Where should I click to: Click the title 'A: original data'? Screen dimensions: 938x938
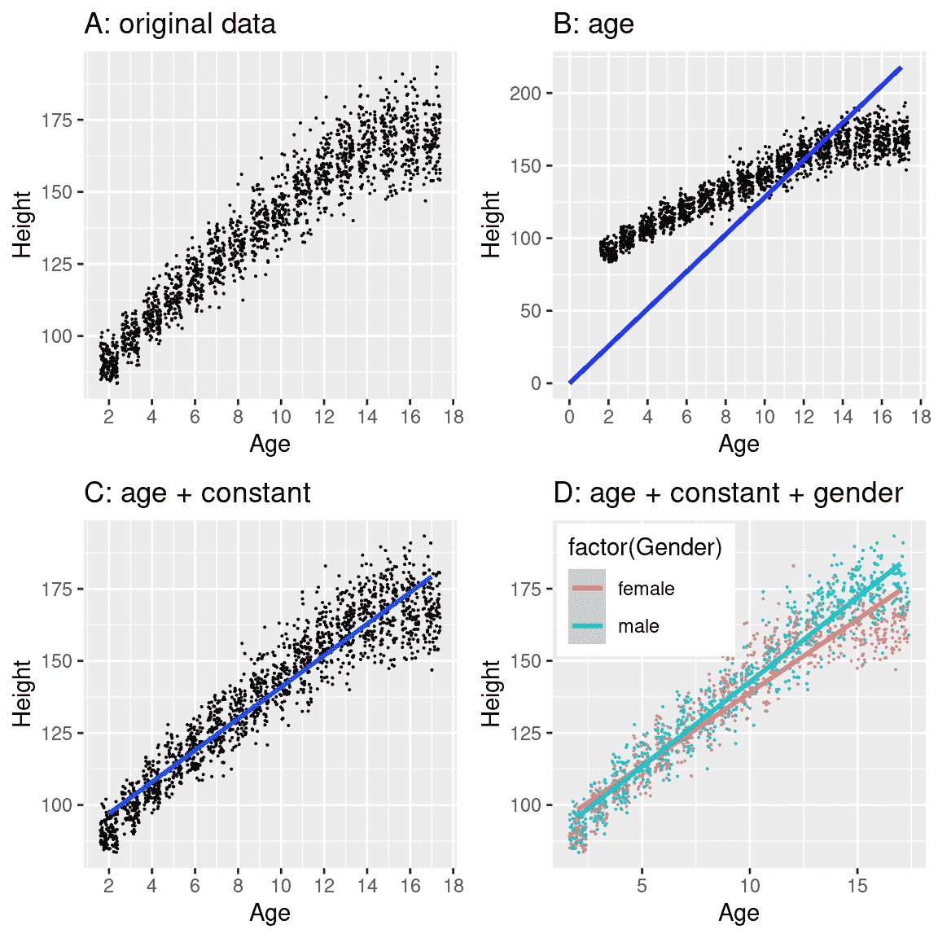pos(180,24)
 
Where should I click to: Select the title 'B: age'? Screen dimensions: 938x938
pos(593,24)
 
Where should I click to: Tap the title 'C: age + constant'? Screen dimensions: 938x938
pos(197,493)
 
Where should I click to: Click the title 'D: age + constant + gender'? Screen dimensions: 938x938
pos(728,493)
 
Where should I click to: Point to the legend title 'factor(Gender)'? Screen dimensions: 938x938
pos(645,547)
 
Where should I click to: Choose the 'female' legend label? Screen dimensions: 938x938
pos(646,589)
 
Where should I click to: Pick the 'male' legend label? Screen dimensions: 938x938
pos(638,626)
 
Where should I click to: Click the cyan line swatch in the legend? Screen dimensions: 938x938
pos(587,626)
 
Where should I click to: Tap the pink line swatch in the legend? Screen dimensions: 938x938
pos(587,589)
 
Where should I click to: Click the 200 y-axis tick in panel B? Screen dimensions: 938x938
pos(525,94)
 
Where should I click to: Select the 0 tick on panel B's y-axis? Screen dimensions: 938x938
pos(536,384)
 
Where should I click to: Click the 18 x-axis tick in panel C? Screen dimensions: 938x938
pos(454,886)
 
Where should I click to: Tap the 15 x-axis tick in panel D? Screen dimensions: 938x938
pos(857,886)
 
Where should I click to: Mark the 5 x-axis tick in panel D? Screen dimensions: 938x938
pos(642,886)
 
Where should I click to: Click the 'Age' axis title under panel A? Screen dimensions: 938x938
pos(270,445)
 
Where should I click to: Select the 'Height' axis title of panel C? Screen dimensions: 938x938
pos(22,693)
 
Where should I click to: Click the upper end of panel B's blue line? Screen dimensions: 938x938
pos(901,68)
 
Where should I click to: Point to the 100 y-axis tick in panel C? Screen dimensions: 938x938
pos(57,805)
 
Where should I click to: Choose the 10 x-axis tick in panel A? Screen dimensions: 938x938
pos(281,417)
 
